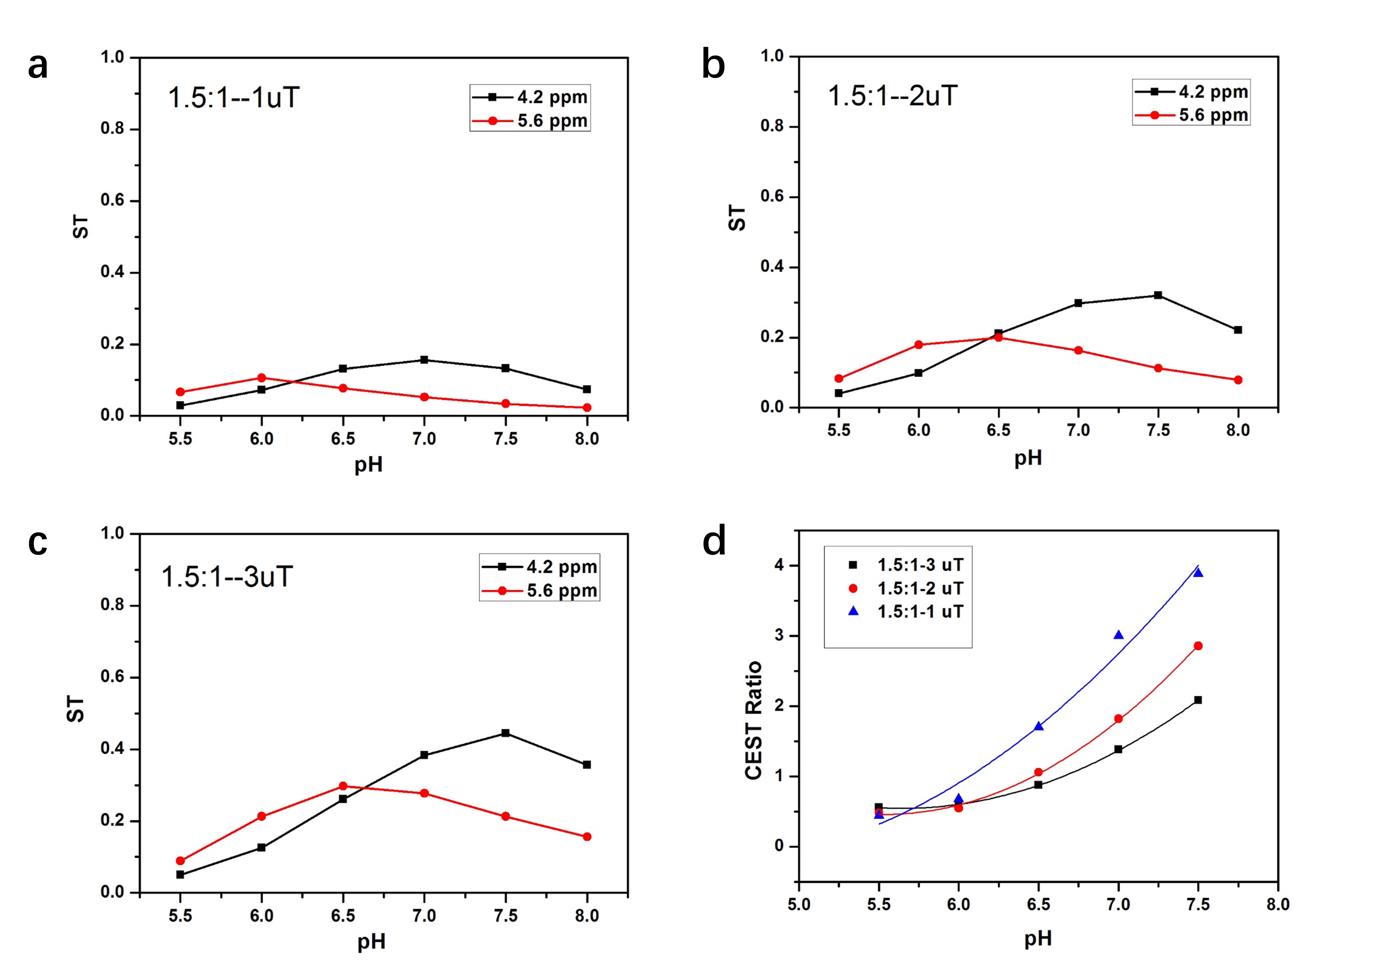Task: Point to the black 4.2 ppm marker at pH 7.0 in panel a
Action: (x=424, y=360)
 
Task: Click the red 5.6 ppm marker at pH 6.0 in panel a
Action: (x=261, y=378)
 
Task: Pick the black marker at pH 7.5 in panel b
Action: (x=1158, y=295)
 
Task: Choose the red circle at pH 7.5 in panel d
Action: (x=1198, y=646)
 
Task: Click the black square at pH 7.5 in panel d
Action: (x=1198, y=700)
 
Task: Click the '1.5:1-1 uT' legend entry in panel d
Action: (x=920, y=612)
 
